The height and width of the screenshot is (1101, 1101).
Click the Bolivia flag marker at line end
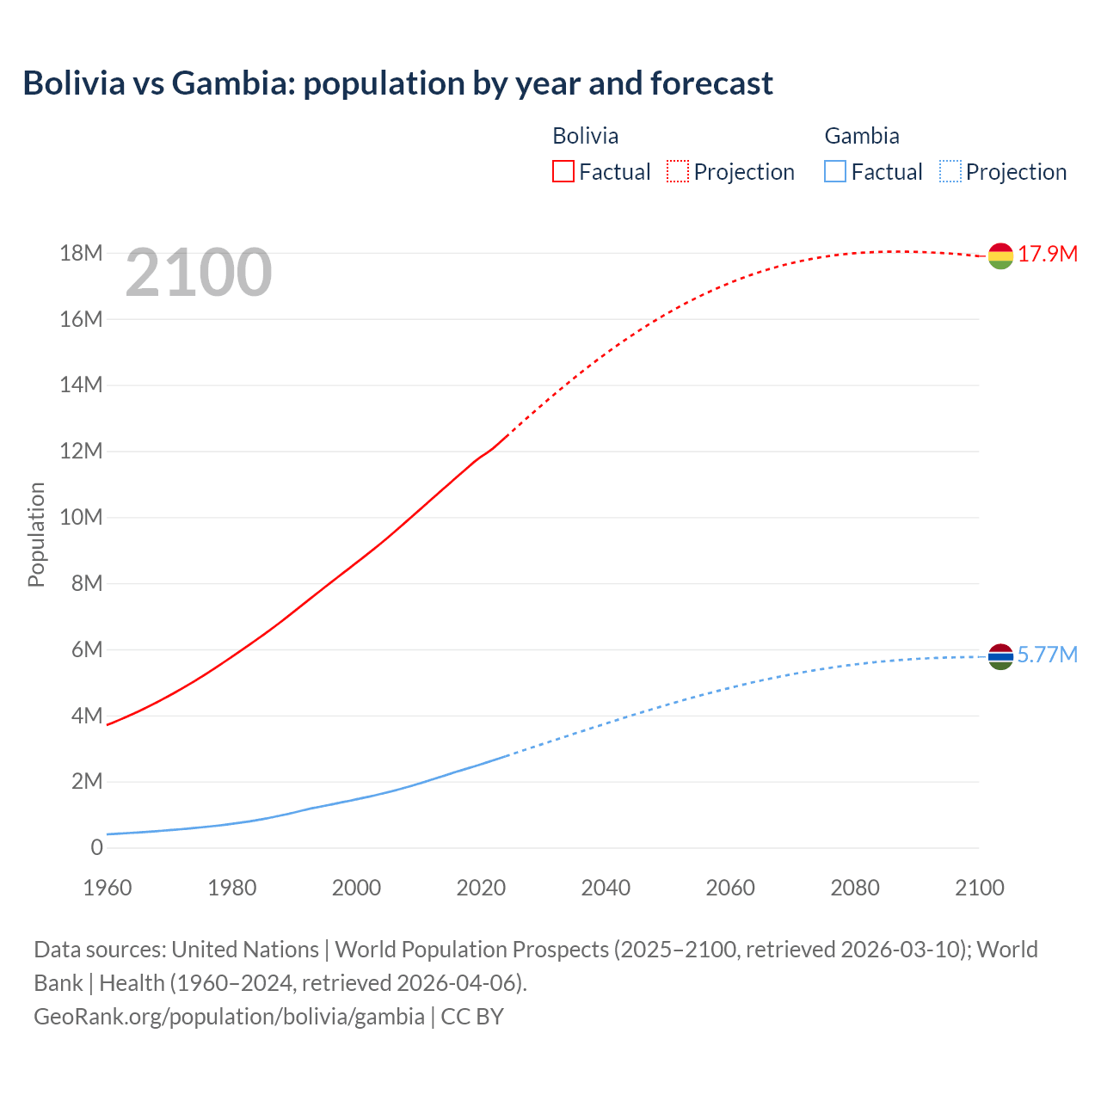pos(1000,255)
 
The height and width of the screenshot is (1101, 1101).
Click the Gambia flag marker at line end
pos(1000,656)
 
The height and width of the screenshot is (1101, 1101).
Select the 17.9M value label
pos(1048,255)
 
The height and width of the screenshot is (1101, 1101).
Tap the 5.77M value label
pos(1048,655)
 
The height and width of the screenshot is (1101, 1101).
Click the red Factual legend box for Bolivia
pos(563,172)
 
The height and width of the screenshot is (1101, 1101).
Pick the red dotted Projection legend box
pos(678,172)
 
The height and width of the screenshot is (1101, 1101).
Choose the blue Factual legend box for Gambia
pos(835,172)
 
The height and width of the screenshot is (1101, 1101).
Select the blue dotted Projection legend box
pos(950,172)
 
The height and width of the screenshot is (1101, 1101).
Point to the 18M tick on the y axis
pos(81,254)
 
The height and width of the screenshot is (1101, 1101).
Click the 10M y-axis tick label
pos(81,518)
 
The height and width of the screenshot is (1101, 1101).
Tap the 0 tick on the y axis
pos(96,848)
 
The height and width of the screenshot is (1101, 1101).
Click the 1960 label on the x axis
pos(108,888)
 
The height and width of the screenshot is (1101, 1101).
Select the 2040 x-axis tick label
pos(606,888)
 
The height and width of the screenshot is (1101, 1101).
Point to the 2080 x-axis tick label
pos(855,888)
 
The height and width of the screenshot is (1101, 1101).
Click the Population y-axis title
pos(36,535)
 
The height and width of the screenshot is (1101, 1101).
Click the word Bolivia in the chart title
pos(74,83)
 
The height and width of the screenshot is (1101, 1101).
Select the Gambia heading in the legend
pos(862,136)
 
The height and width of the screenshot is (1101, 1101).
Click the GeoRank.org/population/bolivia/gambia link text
pos(229,1017)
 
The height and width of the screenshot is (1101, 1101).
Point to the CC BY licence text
pos(472,1017)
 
